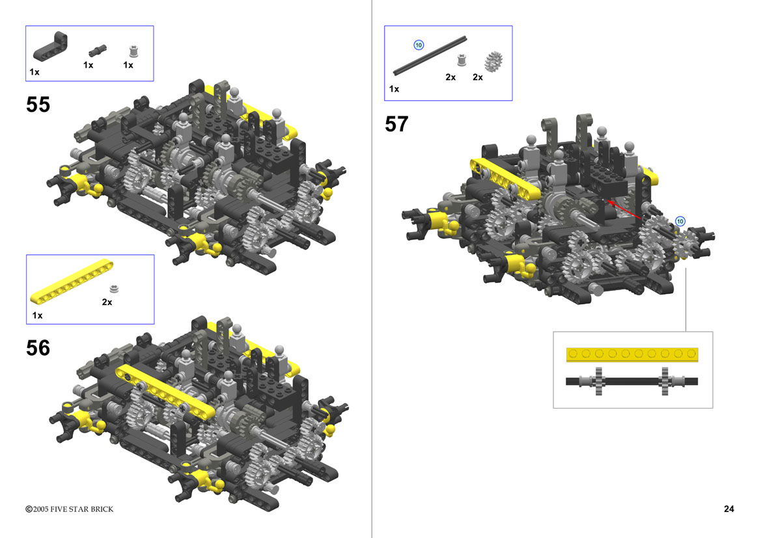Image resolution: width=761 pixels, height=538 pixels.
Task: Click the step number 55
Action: coord(38,105)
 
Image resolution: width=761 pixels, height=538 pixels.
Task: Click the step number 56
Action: coord(38,348)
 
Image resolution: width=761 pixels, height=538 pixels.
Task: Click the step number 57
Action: coord(396,124)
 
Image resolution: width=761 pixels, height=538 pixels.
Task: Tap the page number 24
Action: coord(729,509)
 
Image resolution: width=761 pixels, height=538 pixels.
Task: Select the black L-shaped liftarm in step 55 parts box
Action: coord(50,46)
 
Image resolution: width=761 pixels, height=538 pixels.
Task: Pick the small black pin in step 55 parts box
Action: coord(97,50)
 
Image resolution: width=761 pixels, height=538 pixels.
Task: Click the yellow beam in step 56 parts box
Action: coord(72,282)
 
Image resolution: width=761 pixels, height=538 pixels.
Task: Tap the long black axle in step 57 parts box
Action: coord(430,55)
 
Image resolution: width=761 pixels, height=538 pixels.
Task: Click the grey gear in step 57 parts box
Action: coord(493,62)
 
